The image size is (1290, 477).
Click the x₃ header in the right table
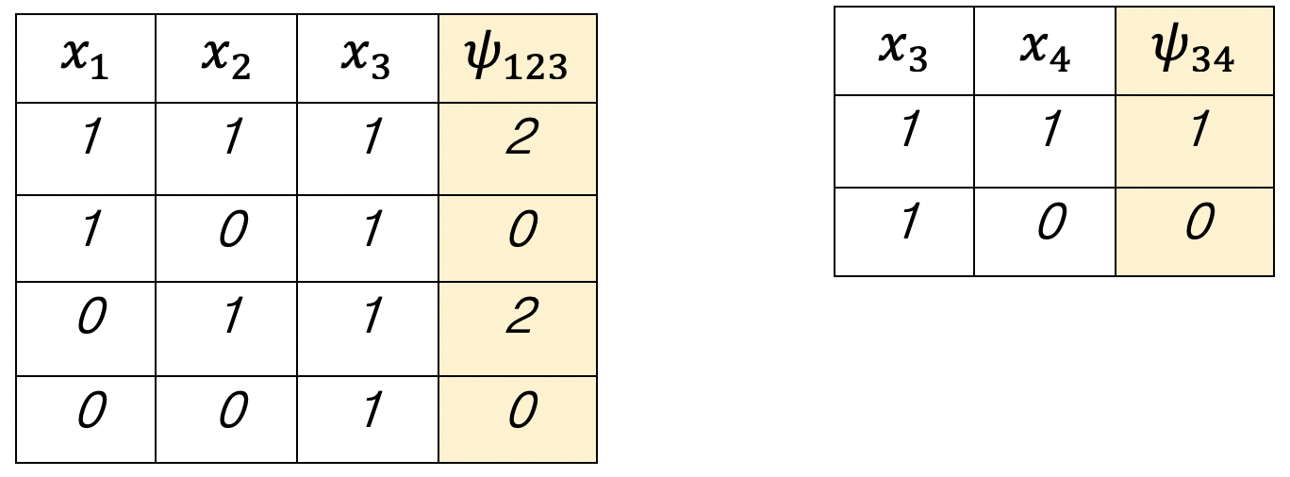coord(903,52)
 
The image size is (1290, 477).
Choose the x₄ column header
coord(1044,52)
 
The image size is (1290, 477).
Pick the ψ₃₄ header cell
coord(1194,52)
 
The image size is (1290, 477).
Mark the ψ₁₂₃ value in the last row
coord(518,410)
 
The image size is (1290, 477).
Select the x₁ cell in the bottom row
coord(85,410)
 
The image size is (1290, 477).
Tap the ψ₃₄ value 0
coord(1194,224)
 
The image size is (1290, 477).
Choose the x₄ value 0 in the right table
coord(1044,224)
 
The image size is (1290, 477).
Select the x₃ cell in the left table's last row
coord(367,410)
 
